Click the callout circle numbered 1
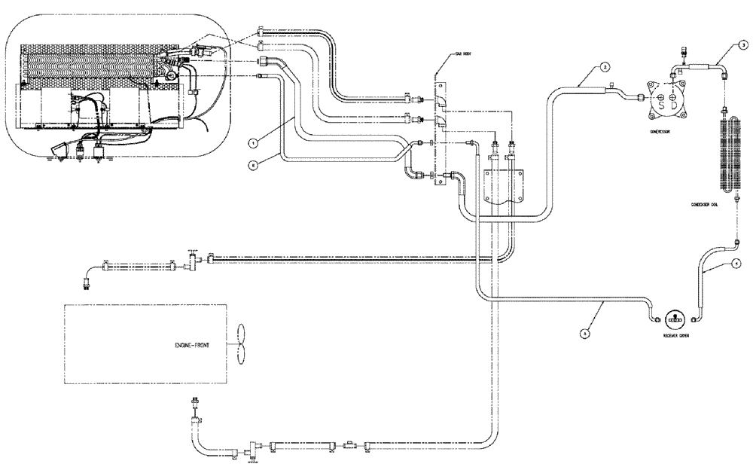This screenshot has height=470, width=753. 254,141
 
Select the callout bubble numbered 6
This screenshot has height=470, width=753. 254,163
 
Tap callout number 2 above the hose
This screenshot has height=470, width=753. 604,66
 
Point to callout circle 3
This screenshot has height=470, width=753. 742,46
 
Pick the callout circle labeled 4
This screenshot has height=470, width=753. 736,264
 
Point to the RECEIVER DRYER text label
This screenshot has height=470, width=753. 674,337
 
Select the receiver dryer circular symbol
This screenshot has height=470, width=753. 675,317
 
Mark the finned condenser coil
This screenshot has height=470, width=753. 728,155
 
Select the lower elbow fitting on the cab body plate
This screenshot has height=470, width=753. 439,121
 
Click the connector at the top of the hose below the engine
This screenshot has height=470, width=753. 197,400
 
